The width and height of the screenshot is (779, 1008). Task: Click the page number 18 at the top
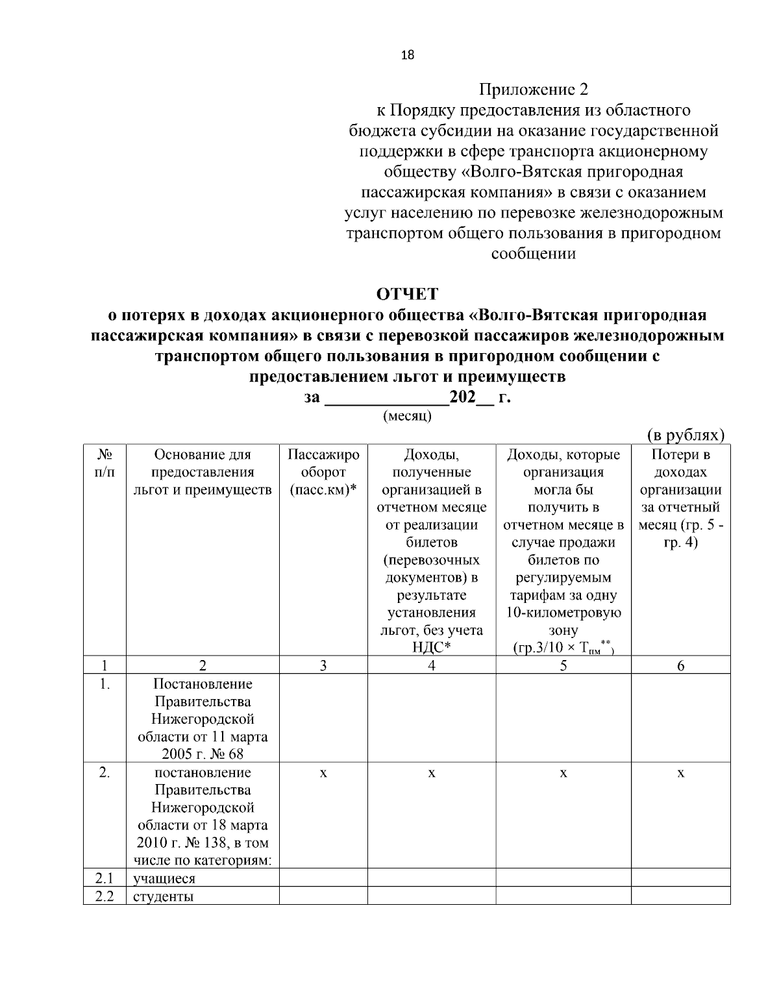408,55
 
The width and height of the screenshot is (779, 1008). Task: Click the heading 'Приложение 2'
533,90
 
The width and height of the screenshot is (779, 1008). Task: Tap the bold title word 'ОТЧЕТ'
408,294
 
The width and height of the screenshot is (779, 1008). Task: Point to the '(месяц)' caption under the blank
408,416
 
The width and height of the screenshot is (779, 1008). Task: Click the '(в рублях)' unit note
686,435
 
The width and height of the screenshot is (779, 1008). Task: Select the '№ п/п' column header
104,463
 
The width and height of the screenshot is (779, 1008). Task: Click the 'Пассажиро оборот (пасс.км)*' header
323,472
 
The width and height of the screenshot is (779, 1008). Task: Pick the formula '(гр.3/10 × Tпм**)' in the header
563,648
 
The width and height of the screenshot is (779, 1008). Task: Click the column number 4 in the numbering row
432,665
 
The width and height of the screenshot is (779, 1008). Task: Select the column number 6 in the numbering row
680,665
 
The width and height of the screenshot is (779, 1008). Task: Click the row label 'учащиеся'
164,879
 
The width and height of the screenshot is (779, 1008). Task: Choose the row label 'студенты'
164,897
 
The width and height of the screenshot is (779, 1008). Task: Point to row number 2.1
105,879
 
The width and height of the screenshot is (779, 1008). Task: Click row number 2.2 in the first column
105,897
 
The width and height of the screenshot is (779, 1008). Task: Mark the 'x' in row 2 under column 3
323,773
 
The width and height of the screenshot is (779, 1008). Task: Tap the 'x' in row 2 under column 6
680,773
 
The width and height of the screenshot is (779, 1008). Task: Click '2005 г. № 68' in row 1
203,754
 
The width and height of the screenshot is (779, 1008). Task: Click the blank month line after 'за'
386,398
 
